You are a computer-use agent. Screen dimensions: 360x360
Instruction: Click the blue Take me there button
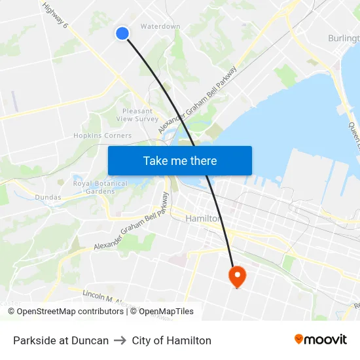coord(180,160)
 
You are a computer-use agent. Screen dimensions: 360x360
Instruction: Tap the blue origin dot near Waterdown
coord(122,33)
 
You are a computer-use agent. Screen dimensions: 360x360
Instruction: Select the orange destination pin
coord(236,276)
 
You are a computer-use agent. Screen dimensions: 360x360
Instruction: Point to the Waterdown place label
coord(160,27)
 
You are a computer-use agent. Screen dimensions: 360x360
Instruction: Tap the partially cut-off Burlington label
coord(343,39)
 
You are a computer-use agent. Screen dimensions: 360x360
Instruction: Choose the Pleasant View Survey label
coord(137,115)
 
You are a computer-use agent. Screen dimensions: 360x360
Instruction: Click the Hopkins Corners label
coord(102,135)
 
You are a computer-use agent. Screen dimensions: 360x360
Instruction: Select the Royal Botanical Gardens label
coord(100,187)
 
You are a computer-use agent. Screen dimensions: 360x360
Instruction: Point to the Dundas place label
coord(48,197)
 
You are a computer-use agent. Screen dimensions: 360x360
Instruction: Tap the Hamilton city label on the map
coord(203,218)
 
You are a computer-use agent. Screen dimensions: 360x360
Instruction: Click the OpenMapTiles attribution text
coord(164,312)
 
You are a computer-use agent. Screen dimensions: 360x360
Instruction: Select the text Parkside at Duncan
coord(61,340)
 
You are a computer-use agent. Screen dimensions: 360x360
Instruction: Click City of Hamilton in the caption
coord(171,340)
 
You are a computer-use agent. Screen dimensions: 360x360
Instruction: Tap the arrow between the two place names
coord(120,340)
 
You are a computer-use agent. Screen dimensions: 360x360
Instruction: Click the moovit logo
coord(321,340)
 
